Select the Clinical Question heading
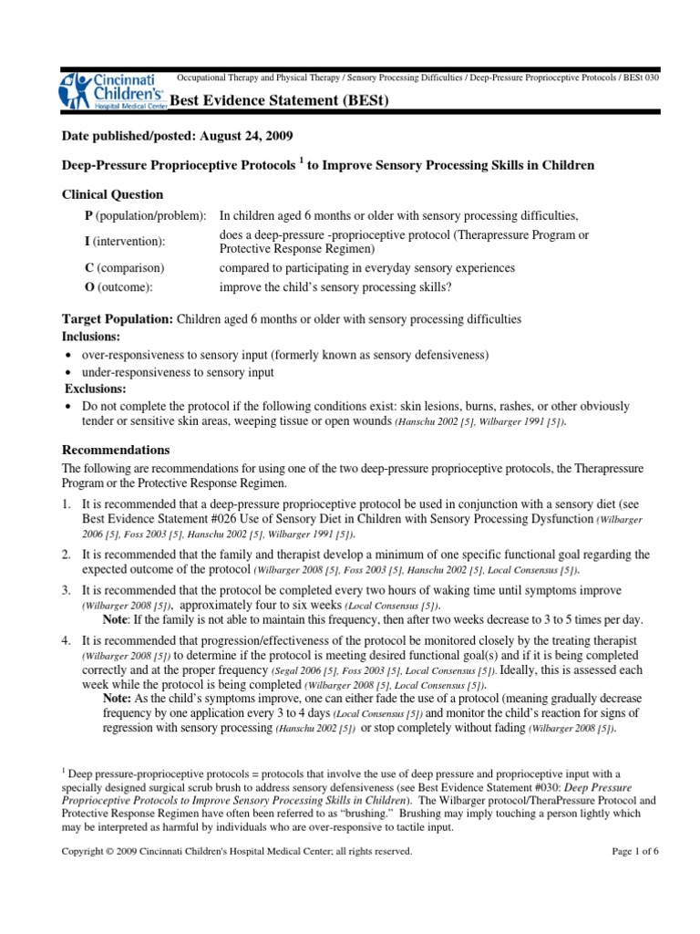[x=112, y=194]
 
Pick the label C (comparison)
[x=124, y=268]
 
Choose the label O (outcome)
[x=118, y=285]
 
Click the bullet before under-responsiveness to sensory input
[x=70, y=372]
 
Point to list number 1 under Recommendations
[x=67, y=504]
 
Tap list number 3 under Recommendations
[x=67, y=588]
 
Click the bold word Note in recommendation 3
[x=117, y=617]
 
